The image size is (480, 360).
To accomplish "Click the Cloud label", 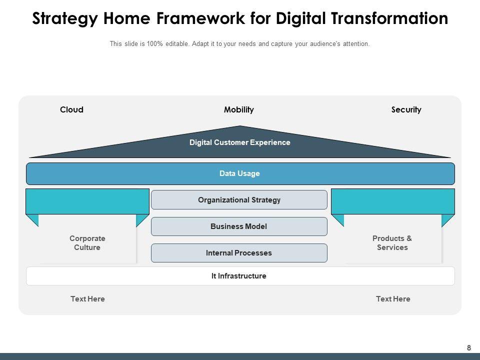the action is pyautogui.click(x=71, y=109).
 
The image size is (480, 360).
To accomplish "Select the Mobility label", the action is pyautogui.click(x=239, y=109).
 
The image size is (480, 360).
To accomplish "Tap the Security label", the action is pyautogui.click(x=406, y=109).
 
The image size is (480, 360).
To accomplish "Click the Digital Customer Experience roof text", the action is pyautogui.click(x=240, y=142).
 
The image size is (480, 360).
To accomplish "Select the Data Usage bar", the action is pyautogui.click(x=240, y=173).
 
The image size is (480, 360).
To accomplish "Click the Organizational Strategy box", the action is pyautogui.click(x=239, y=200).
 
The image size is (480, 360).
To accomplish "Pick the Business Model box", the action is pyautogui.click(x=239, y=226).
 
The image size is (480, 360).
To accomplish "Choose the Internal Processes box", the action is pyautogui.click(x=239, y=253).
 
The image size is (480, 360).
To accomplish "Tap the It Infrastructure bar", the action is pyautogui.click(x=239, y=276).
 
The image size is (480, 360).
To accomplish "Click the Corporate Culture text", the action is pyautogui.click(x=87, y=243).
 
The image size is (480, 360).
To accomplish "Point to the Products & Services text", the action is pyautogui.click(x=392, y=243).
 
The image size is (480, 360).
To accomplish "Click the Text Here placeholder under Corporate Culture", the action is pyautogui.click(x=87, y=299).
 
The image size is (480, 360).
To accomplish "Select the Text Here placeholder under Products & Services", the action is pyautogui.click(x=393, y=299).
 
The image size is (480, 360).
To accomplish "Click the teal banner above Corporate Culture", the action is pyautogui.click(x=87, y=201).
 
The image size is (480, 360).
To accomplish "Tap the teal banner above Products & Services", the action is pyautogui.click(x=393, y=201).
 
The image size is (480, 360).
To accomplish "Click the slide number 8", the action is pyautogui.click(x=469, y=348).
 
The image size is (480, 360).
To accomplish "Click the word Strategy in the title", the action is pyautogui.click(x=65, y=19).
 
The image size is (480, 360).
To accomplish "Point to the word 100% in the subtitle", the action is pyautogui.click(x=155, y=44).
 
